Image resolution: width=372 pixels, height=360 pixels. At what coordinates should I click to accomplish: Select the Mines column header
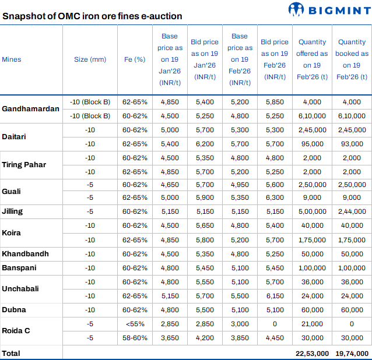pos(12,59)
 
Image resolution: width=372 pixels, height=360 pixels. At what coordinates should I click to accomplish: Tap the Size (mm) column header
pos(90,59)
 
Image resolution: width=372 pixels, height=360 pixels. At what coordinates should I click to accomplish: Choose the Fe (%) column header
pos(135,59)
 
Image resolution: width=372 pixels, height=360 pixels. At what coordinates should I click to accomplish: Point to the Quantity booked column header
pos(352,59)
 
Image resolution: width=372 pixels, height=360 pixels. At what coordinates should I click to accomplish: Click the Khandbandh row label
pos(25,254)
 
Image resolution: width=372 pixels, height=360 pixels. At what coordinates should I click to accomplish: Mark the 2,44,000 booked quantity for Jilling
pos(352,211)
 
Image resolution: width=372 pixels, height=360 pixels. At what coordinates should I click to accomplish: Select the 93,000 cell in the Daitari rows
pos(352,144)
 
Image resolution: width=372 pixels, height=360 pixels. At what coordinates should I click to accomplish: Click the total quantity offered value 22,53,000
pos(312,354)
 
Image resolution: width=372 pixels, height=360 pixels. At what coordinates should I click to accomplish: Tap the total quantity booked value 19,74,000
pos(352,354)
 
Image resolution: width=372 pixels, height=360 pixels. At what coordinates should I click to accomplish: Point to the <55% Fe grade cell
pos(135,324)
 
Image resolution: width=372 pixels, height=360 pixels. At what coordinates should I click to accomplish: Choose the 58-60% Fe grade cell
pos(135,338)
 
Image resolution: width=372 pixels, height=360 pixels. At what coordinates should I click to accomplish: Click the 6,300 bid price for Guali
pos(275,197)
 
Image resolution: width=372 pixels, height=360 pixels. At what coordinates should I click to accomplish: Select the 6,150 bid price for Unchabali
pos(275,296)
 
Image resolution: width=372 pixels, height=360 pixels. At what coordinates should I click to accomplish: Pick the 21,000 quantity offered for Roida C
pos(312,324)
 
